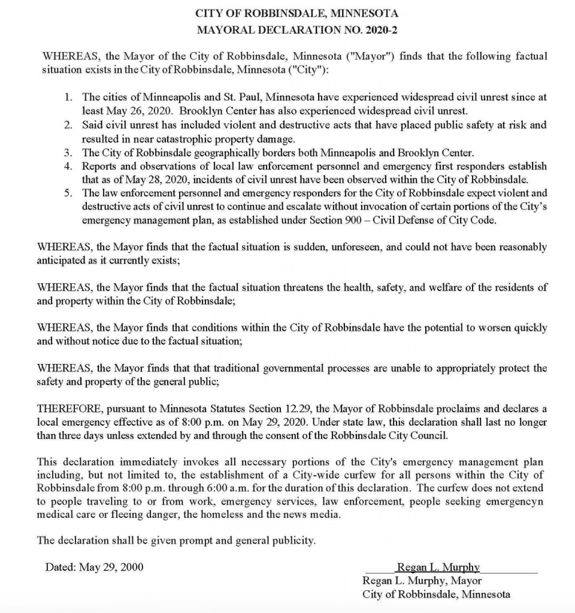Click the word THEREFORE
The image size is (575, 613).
point(68,409)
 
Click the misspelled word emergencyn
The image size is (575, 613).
point(517,502)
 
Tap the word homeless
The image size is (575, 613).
point(242,515)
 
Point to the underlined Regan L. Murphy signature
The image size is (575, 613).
point(438,568)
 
